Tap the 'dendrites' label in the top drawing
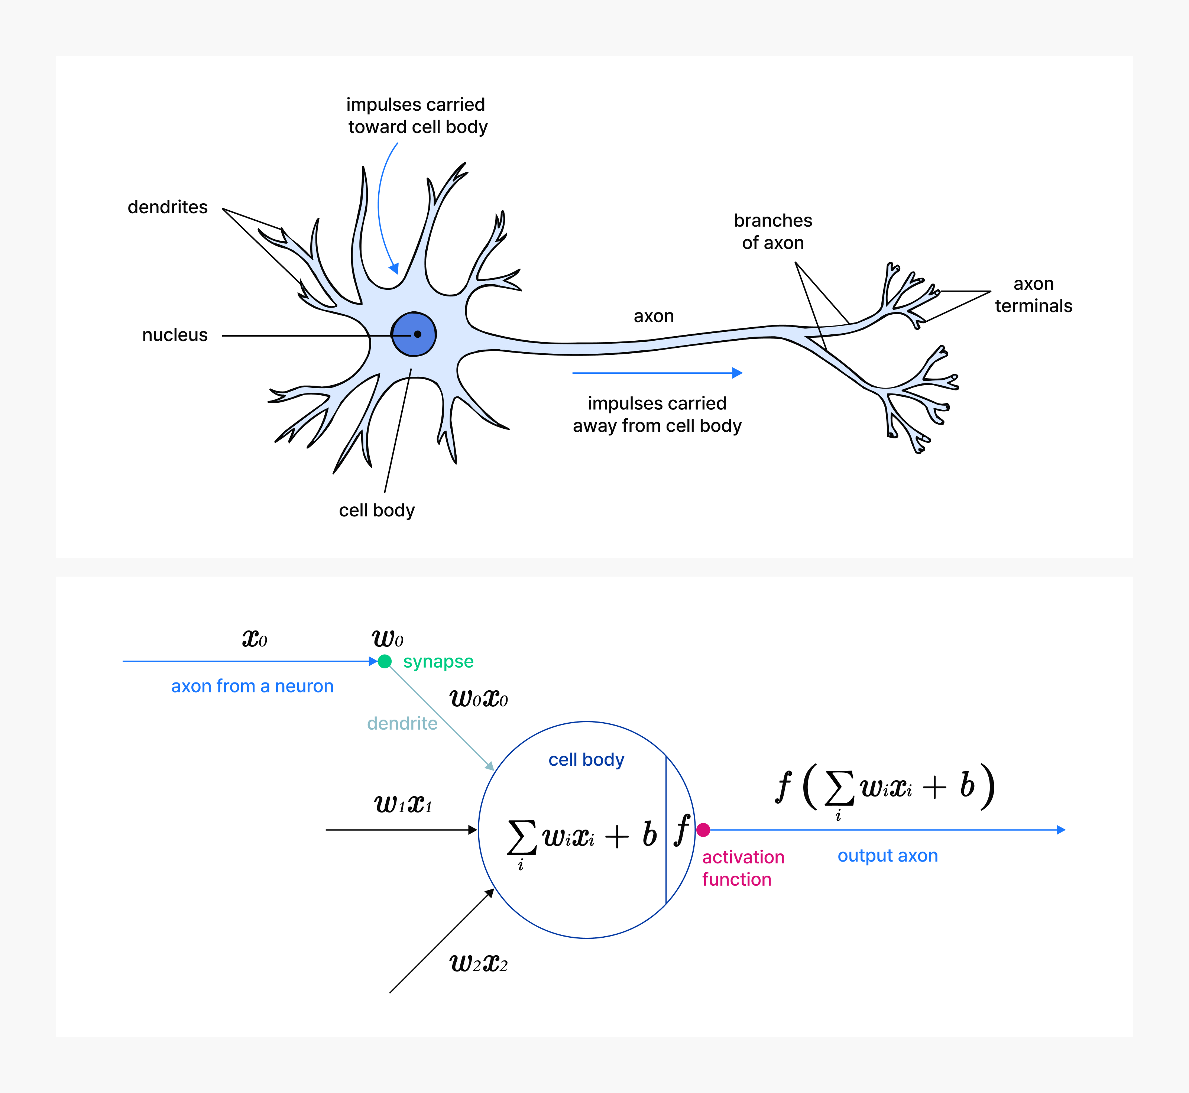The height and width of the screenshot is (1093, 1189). [x=168, y=207]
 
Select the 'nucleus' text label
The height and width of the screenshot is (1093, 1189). [x=175, y=335]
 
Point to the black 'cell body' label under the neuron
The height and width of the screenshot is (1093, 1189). [x=377, y=510]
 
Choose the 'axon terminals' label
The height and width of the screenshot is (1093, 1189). [x=1033, y=295]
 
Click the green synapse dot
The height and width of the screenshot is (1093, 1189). [x=385, y=661]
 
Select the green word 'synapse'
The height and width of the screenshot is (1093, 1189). [x=438, y=661]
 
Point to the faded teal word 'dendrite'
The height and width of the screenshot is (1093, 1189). [x=402, y=723]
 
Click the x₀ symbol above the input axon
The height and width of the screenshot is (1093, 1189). [x=255, y=639]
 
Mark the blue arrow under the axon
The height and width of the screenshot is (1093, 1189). [x=657, y=373]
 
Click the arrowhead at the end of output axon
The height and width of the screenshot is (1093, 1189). [x=1061, y=830]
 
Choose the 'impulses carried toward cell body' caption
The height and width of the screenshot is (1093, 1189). [x=417, y=115]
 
